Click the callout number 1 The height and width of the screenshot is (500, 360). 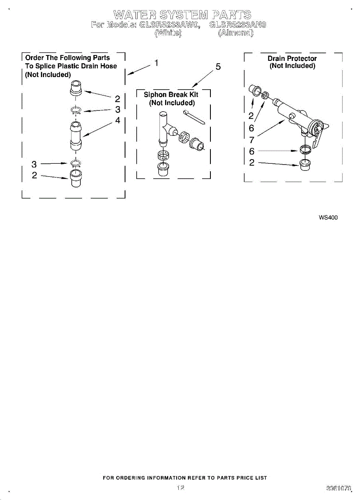coord(156,63)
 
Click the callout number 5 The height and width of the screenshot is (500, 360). coord(218,67)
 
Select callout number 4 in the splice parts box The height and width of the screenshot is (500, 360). coord(117,120)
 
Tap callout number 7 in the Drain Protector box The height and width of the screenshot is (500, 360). coord(252,140)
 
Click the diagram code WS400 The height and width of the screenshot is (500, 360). coord(328,217)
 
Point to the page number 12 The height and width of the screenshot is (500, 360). coord(180,487)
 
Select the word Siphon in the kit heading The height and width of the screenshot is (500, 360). coord(155,95)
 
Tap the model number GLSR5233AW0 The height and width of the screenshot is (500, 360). coord(169,25)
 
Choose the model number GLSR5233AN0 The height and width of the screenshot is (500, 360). coord(238,25)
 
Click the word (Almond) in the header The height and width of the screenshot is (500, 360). coord(235,33)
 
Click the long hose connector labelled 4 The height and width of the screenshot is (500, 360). coord(76,134)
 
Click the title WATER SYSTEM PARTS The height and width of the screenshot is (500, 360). coord(182,15)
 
